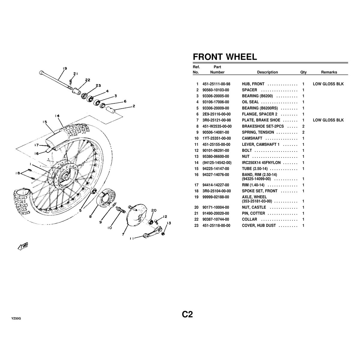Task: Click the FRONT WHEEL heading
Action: point(225,57)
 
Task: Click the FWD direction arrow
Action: point(22,246)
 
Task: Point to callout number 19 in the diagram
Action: point(64,68)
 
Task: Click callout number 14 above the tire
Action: point(57,116)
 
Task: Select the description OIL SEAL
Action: point(250,102)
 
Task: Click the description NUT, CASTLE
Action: point(254,207)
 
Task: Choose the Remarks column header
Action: point(329,72)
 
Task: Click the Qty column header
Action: point(303,72)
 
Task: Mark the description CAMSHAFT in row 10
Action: point(252,138)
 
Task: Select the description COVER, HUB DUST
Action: point(259,225)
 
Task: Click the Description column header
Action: point(267,72)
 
